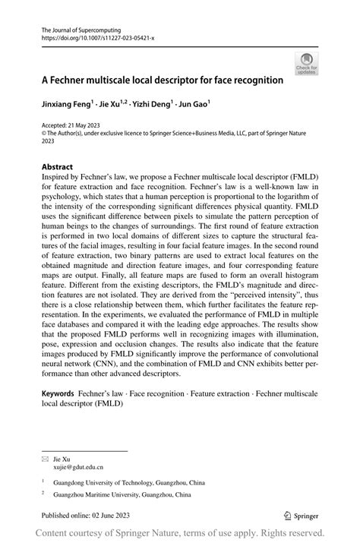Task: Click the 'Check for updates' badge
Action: [x=308, y=64]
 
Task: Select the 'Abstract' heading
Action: [x=57, y=166]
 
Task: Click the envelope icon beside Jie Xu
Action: [x=45, y=459]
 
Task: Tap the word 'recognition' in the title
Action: [x=254, y=79]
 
